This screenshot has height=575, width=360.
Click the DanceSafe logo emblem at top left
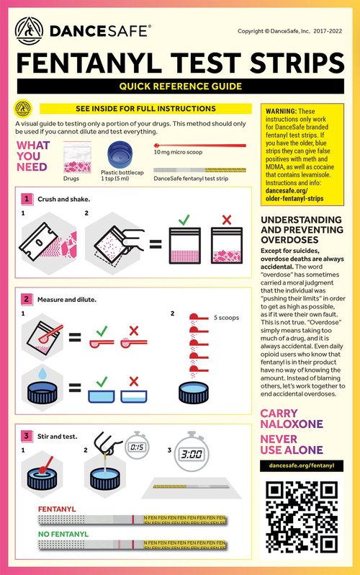click(x=31, y=29)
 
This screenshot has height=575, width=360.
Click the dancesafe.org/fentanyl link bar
click(x=301, y=466)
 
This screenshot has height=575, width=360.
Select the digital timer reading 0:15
click(x=137, y=447)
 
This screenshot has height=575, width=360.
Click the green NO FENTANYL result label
click(x=63, y=534)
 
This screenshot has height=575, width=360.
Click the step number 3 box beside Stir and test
click(x=27, y=416)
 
